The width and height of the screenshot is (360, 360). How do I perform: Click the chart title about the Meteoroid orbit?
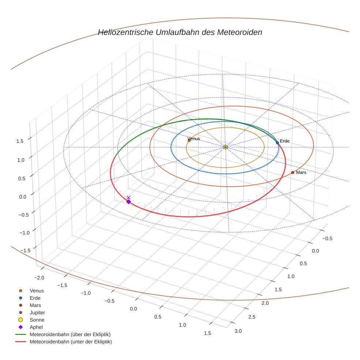(180, 32)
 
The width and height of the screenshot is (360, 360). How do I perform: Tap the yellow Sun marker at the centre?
(225, 147)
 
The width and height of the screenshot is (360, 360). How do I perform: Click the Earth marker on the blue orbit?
(277, 142)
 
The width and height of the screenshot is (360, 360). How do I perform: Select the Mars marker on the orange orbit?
(293, 172)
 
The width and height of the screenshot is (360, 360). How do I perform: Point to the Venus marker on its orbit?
(189, 140)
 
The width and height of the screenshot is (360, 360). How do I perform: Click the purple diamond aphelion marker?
(128, 202)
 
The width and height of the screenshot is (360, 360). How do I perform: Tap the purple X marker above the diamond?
(128, 197)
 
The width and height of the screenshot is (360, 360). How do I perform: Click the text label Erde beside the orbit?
(285, 141)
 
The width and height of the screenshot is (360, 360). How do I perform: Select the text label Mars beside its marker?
(301, 172)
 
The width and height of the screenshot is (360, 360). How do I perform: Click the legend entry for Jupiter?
(37, 312)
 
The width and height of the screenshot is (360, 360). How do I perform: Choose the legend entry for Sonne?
(37, 320)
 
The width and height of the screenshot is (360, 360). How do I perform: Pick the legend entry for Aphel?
(36, 327)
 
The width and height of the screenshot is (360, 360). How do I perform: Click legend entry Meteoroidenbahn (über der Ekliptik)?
(70, 334)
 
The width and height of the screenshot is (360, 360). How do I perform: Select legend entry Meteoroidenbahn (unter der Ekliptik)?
(71, 342)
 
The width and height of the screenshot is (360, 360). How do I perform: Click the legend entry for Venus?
(37, 290)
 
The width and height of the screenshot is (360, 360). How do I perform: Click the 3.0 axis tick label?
(238, 331)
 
